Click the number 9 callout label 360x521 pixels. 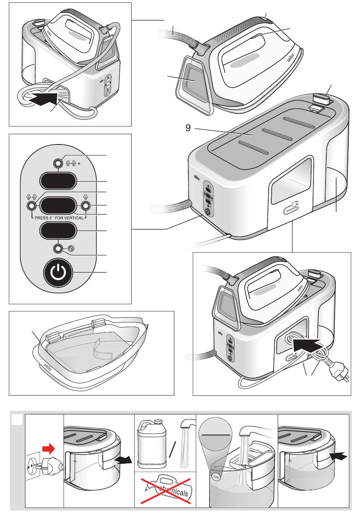188,128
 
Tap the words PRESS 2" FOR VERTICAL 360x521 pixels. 57,218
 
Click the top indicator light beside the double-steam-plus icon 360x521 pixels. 58,163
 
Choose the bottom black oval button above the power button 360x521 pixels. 58,231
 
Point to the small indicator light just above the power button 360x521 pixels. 58,249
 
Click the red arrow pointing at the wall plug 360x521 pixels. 48,449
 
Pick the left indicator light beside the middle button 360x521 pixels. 31,206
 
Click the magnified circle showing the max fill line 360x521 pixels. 216,433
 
